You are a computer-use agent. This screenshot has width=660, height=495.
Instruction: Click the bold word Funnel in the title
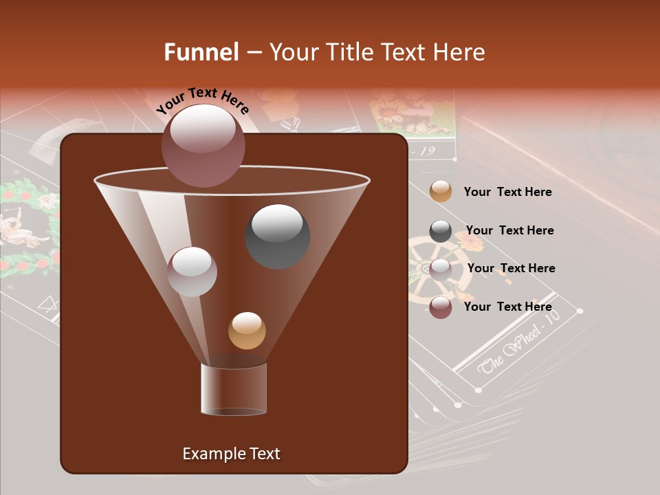pos(201,52)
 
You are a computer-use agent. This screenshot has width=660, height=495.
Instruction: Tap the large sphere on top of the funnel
pos(203,145)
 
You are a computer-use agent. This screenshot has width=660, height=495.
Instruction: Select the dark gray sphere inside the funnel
pos(277,236)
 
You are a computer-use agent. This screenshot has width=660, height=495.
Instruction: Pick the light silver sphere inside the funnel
pos(192,271)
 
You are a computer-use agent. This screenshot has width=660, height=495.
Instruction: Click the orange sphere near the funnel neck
pos(247,330)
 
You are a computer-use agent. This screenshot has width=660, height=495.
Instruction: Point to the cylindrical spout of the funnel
pos(233,388)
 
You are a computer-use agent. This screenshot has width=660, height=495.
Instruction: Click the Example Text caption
pos(231,454)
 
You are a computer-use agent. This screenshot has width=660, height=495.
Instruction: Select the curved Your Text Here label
pos(202,100)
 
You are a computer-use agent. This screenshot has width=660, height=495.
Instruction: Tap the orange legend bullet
pos(441,191)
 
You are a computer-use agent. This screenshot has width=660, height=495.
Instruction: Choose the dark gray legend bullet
pos(441,230)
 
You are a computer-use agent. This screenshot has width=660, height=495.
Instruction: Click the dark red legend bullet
pos(441,307)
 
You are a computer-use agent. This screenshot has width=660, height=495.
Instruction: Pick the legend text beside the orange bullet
pos(507,192)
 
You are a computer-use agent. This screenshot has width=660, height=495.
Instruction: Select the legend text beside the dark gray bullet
pos(509,230)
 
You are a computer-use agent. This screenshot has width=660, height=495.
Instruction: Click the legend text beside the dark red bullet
pos(507,307)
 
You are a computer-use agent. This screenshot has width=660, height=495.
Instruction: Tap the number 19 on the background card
pos(427,151)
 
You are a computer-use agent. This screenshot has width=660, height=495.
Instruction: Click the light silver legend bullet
pos(441,269)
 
